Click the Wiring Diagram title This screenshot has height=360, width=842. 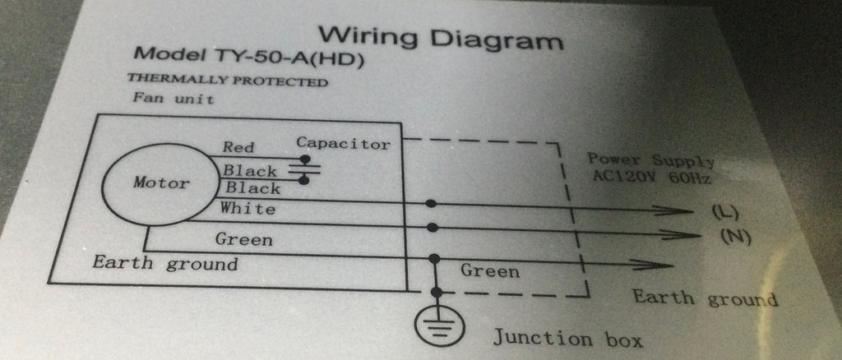click(442, 38)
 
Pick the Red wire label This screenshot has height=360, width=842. click(238, 148)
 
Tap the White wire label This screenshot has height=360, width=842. click(248, 209)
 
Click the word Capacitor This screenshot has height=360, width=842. click(343, 143)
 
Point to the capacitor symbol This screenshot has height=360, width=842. click(304, 172)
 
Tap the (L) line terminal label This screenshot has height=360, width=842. click(724, 213)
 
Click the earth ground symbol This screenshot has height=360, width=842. click(437, 323)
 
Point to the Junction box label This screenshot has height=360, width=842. click(567, 339)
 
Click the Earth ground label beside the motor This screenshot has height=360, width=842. click(164, 264)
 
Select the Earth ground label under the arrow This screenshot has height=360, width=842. click(703, 298)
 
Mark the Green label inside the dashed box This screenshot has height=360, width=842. click(489, 271)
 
